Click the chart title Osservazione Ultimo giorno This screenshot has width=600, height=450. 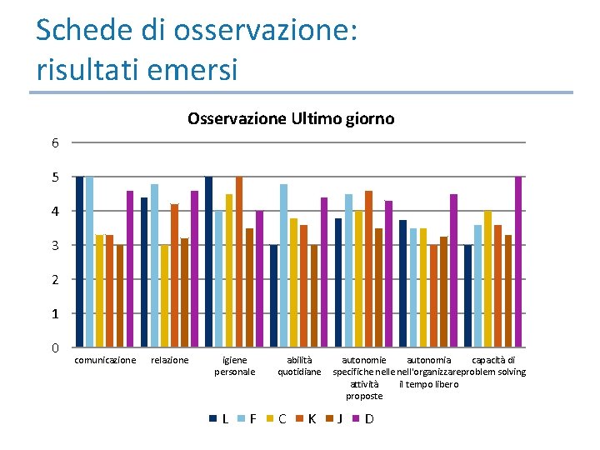coord(291,118)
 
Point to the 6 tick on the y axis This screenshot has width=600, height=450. coord(55,142)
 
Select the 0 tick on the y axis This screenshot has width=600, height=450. coord(55,347)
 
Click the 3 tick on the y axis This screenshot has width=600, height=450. coord(55,245)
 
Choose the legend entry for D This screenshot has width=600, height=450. coord(363,418)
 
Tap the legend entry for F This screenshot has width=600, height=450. coord(247,418)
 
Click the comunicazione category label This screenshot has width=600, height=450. coord(105,360)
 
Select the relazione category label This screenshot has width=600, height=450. coord(169,360)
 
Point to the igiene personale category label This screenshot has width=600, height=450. coord(235,366)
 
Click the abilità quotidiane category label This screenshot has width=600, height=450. coord(299,366)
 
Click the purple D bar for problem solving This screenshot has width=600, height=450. coord(518,262)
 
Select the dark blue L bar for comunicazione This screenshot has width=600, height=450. coord(80,262)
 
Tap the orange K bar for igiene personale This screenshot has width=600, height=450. coord(239,262)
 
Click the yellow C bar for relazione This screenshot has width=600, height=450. coord(165,296)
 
